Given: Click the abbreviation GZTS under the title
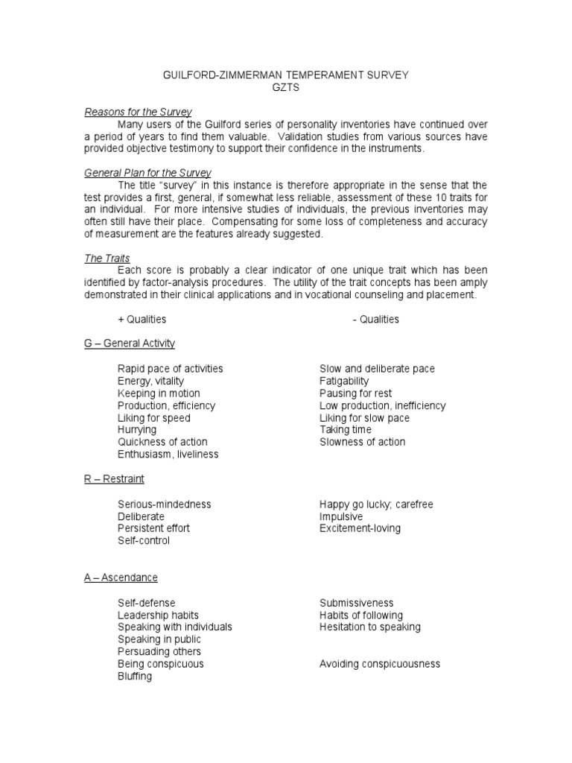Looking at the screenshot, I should pos(286,87).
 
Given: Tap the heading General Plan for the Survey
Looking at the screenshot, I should pos(147,173).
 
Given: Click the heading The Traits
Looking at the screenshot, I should pos(107,259).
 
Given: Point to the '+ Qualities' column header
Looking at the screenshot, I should pos(142,319).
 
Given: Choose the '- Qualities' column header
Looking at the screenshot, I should pos(375,319).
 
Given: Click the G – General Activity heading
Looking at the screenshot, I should pos(129,343).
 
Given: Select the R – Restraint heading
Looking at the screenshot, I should pos(114,479).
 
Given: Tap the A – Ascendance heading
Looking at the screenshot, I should pos(121,577).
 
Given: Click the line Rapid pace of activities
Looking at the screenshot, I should pos(170,369).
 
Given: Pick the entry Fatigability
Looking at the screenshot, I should pos(344,381).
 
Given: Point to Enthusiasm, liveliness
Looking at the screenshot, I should pos(168,454).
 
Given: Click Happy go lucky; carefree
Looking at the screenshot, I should pos(376,504).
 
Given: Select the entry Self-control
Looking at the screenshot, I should pos(144,540).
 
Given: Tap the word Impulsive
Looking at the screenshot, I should pos(341,516).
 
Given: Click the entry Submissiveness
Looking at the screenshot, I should pos(357,603).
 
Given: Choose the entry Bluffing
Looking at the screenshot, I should pos(135,676).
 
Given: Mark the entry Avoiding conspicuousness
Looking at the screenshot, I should pos(380,664).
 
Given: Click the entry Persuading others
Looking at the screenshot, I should pos(159,651).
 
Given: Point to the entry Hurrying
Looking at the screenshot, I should pos(137,430).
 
